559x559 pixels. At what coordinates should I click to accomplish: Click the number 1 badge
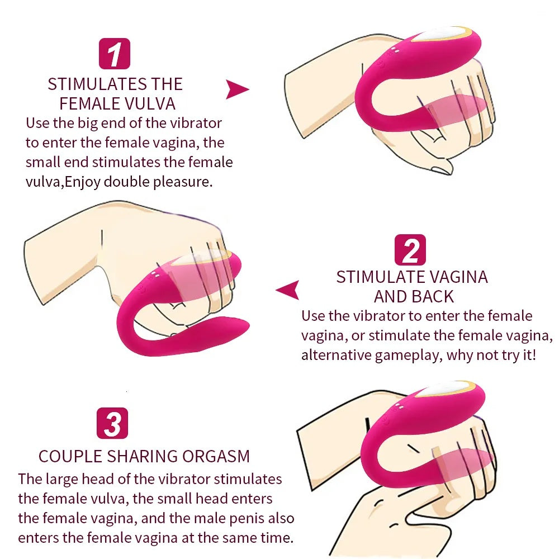(115, 54)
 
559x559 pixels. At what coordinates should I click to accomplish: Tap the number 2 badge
(410, 250)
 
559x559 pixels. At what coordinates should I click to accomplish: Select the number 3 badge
(112, 423)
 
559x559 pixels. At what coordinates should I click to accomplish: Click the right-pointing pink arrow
(237, 89)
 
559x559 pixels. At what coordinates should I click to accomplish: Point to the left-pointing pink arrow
(287, 290)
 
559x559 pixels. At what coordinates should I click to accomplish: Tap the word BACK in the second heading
(433, 297)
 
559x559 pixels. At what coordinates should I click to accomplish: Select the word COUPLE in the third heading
(70, 456)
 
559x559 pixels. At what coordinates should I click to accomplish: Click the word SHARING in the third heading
(142, 456)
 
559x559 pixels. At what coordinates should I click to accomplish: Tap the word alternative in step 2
(336, 355)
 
